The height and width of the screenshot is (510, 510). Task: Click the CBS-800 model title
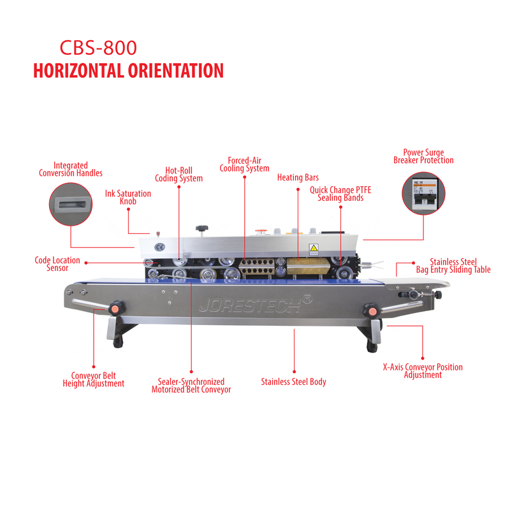(98, 48)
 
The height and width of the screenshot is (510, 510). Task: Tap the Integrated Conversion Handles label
(71, 169)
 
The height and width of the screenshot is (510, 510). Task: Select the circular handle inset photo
(71, 204)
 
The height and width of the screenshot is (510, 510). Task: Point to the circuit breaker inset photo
(423, 193)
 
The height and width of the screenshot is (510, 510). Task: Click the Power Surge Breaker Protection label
(423, 156)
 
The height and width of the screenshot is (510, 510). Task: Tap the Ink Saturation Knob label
(128, 198)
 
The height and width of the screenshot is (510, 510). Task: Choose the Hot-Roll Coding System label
(178, 174)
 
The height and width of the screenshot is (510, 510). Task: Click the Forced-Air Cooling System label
(244, 164)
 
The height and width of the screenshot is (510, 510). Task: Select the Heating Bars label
(298, 178)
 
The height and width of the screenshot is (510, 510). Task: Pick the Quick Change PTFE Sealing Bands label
(340, 194)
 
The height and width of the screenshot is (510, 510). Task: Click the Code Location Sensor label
(57, 264)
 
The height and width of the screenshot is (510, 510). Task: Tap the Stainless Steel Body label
(293, 382)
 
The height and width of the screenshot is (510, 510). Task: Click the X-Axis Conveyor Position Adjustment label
(423, 371)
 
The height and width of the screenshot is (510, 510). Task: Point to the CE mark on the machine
(159, 247)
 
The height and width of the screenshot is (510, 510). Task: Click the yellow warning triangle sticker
(314, 249)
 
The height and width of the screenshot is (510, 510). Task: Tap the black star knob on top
(201, 228)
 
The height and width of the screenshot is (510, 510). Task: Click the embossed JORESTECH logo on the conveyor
(256, 304)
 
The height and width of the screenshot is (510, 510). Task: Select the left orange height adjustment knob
(116, 308)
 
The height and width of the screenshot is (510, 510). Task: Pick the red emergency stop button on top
(261, 231)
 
